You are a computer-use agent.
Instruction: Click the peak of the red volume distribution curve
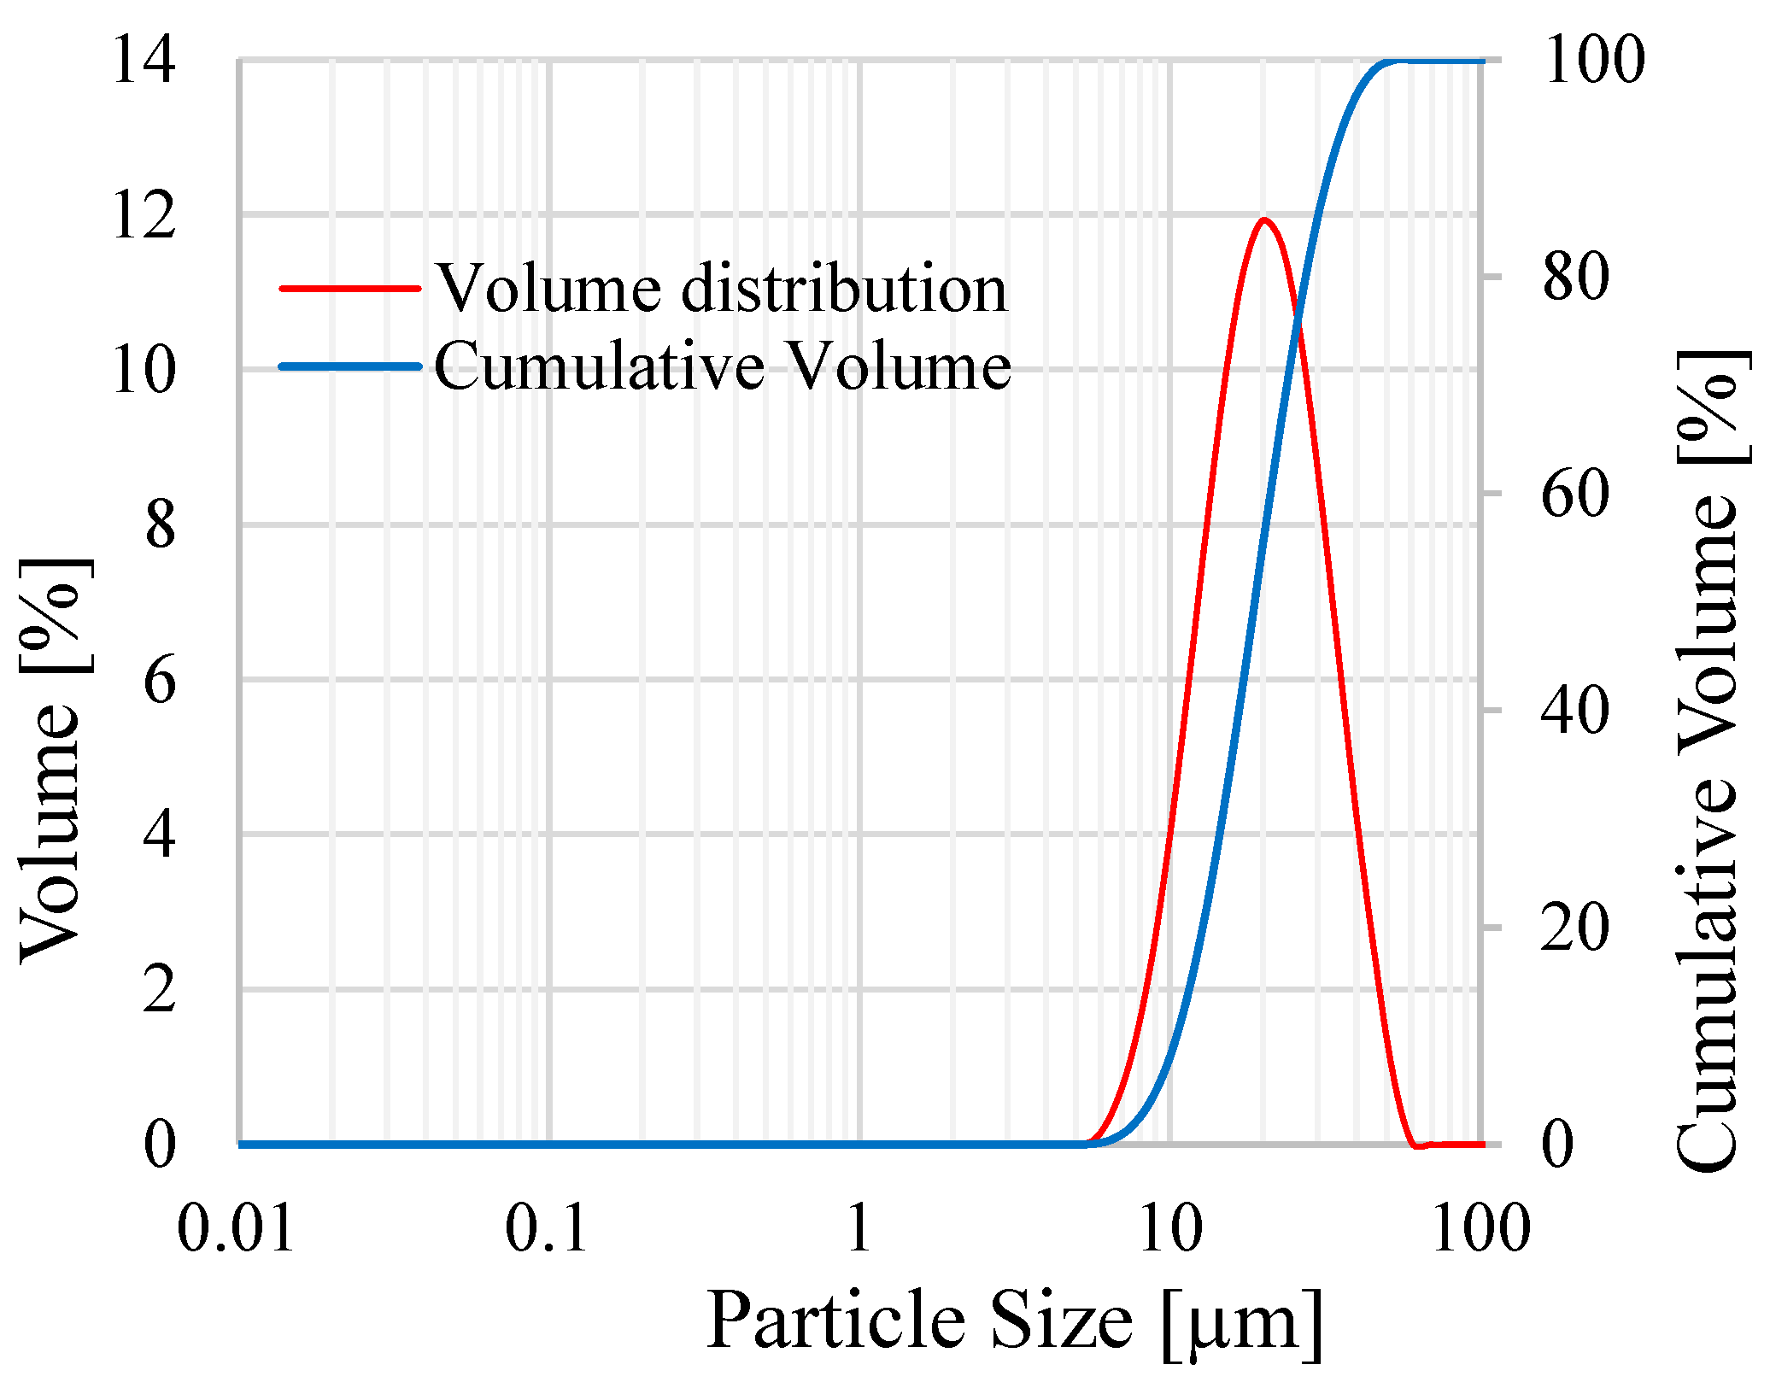(x=1264, y=220)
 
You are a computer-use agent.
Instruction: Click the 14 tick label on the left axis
(x=144, y=61)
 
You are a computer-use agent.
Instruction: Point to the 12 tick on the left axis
(x=144, y=215)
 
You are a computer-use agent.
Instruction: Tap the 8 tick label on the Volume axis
(x=160, y=525)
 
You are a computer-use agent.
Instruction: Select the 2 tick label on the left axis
(x=160, y=990)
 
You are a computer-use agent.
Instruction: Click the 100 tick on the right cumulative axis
(x=1594, y=61)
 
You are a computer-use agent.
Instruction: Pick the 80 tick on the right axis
(x=1576, y=278)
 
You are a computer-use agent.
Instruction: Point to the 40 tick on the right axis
(x=1576, y=711)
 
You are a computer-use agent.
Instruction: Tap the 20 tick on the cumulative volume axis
(x=1576, y=928)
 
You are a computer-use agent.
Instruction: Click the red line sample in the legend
(x=350, y=289)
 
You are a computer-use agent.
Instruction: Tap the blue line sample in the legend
(x=350, y=366)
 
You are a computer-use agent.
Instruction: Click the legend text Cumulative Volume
(x=723, y=366)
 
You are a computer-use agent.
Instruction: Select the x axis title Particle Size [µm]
(x=1015, y=1322)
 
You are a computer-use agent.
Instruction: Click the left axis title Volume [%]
(x=51, y=760)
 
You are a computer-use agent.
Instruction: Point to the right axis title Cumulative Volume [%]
(x=1707, y=760)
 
